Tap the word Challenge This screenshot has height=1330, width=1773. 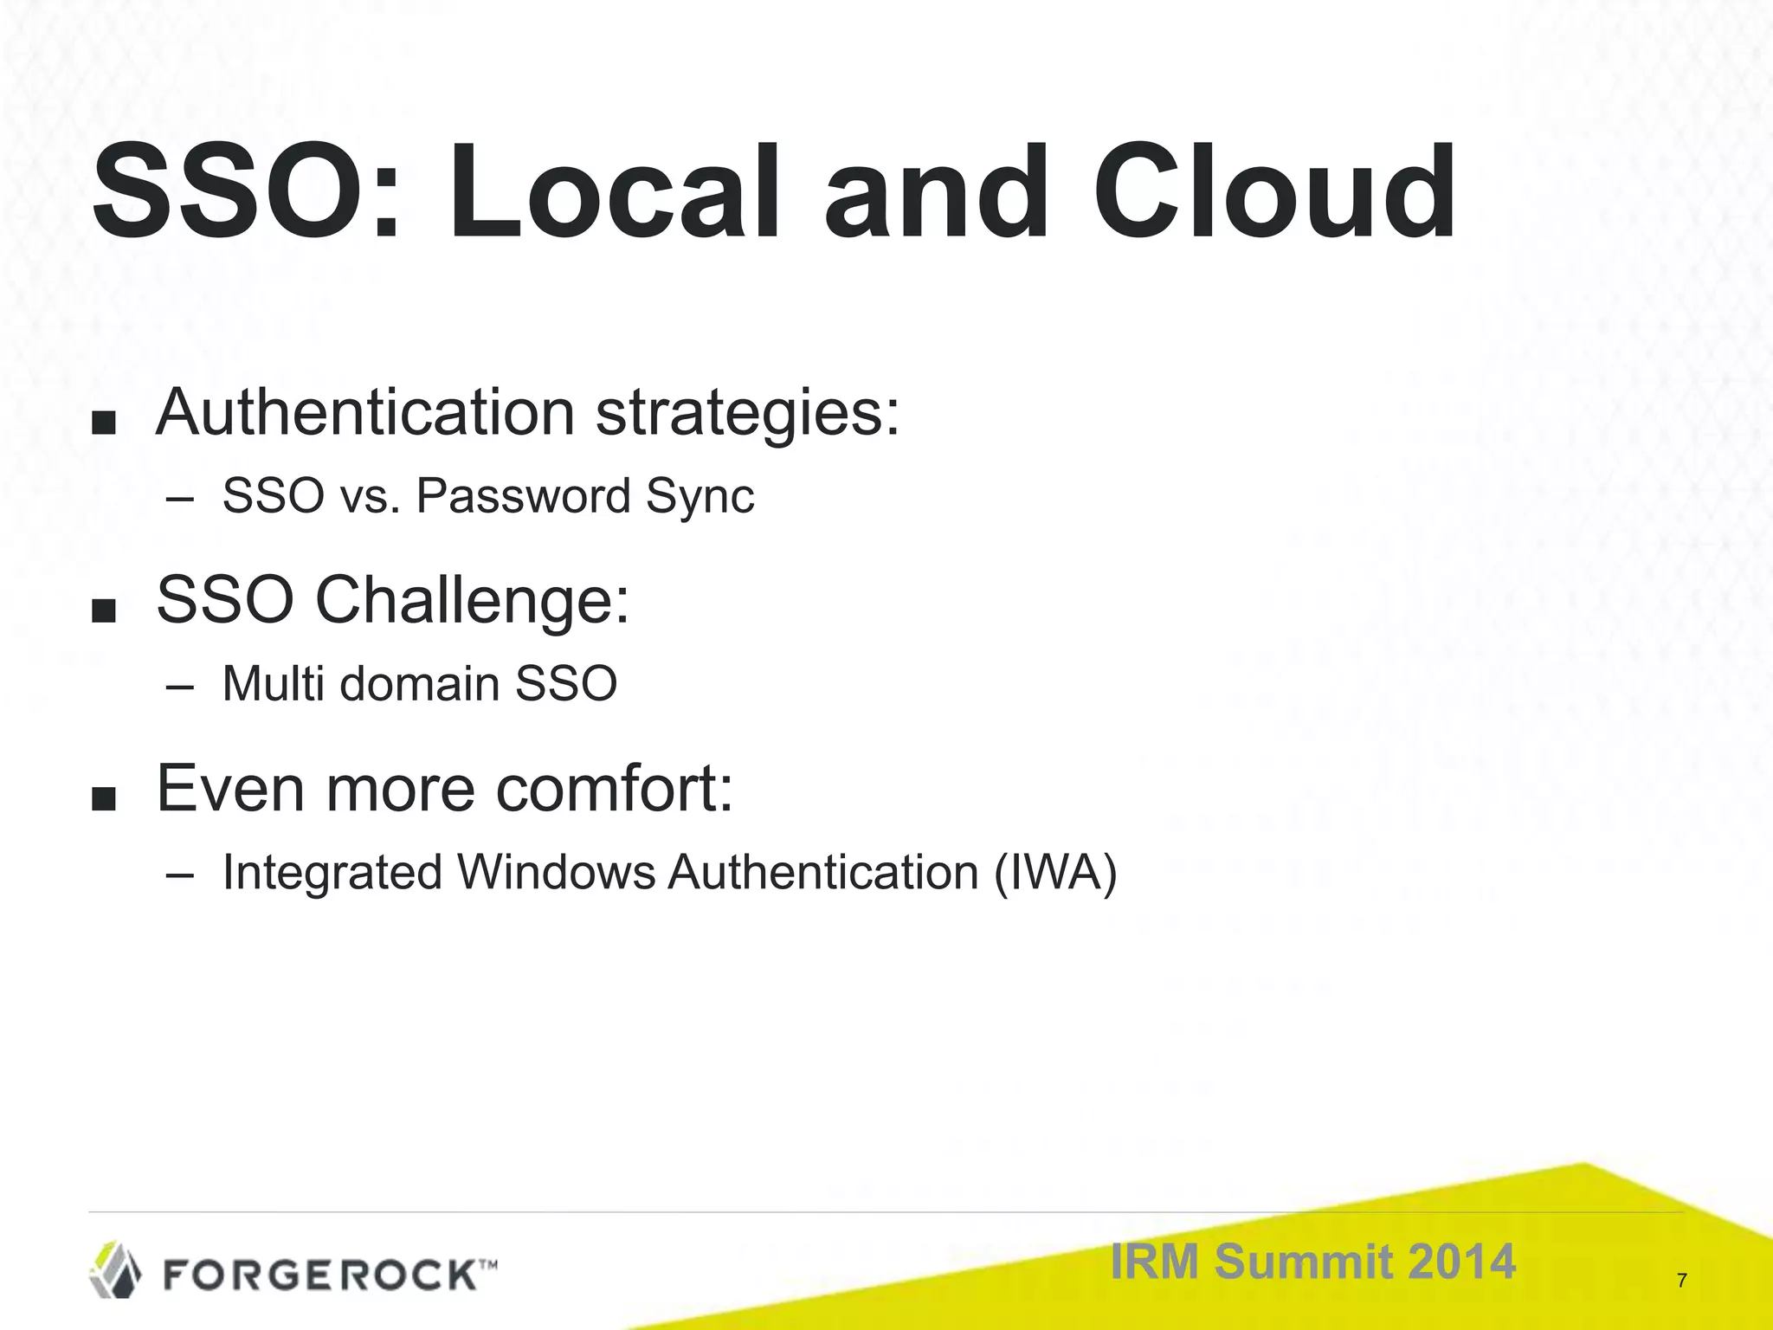471,601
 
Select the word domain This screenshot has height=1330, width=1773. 420,684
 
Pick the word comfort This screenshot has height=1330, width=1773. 616,789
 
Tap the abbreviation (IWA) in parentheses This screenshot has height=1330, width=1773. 1055,872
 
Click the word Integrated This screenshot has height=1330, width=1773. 332,874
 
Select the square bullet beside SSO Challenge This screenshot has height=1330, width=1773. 104,611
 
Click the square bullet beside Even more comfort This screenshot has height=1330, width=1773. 104,799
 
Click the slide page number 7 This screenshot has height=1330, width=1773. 1681,1281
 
